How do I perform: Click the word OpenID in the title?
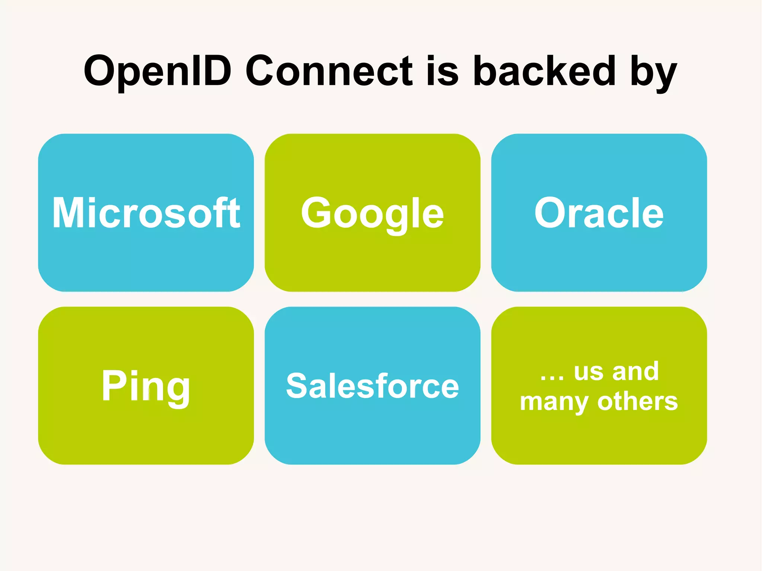157,71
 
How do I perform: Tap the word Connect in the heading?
329,71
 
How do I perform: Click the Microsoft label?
146,213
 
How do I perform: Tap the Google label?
372,214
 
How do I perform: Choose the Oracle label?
599,213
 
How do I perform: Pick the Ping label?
146,387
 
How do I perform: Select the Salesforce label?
372,386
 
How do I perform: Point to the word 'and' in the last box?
635,371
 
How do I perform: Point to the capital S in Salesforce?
298,386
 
